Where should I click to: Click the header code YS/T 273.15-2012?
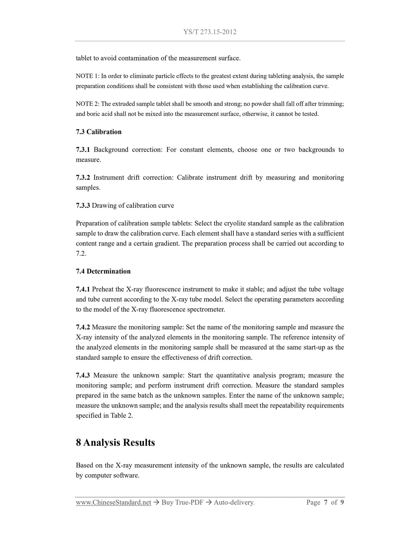pyautogui.click(x=210, y=32)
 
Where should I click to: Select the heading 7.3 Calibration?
pyautogui.click(x=99, y=132)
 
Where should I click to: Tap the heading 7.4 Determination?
pyautogui.click(x=103, y=271)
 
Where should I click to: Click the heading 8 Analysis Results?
pyautogui.click(x=115, y=442)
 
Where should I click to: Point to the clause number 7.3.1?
pyautogui.click(x=83, y=150)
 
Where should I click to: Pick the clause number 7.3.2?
pyautogui.click(x=83, y=177)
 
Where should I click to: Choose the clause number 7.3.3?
pyautogui.click(x=83, y=205)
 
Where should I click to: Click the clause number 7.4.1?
pyautogui.click(x=83, y=289)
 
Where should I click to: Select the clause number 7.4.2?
pyautogui.click(x=83, y=327)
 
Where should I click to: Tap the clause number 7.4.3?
pyautogui.click(x=83, y=375)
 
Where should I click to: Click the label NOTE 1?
pyautogui.click(x=87, y=76)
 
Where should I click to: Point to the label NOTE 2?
pyautogui.click(x=87, y=104)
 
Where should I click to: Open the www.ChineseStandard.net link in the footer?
pyautogui.click(x=113, y=502)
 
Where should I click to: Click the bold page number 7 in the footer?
pyautogui.click(x=326, y=502)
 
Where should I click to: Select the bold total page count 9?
pyautogui.click(x=342, y=502)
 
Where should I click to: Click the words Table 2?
pyautogui.click(x=121, y=415)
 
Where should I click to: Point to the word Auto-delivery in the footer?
pyautogui.click(x=234, y=502)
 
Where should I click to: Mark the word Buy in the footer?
pyautogui.click(x=168, y=502)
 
